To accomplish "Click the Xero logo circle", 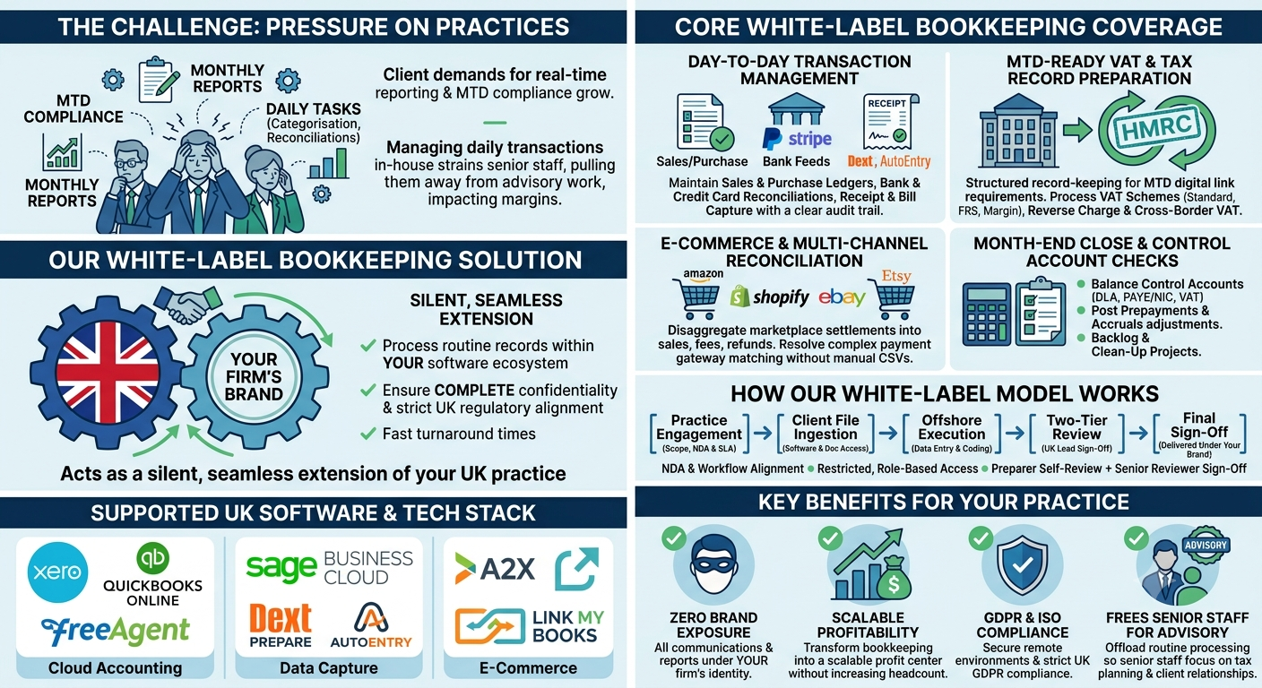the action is [x=57, y=572].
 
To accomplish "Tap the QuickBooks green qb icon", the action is [x=152, y=558].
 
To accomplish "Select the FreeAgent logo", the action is [x=116, y=632].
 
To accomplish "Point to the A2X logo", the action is [x=495, y=569].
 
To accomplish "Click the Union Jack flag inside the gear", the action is [x=107, y=373].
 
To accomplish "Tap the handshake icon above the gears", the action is [x=187, y=304].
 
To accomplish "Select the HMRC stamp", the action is [x=1156, y=132].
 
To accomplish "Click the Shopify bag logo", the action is [x=739, y=297].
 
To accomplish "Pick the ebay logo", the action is [x=842, y=297].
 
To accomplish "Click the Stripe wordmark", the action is [x=809, y=139].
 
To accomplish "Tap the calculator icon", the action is [x=987, y=314].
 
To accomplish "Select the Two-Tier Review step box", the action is [x=1076, y=434].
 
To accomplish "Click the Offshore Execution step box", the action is [x=952, y=434].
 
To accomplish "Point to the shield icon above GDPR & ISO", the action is [x=1023, y=564].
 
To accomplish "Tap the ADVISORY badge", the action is [x=1206, y=545].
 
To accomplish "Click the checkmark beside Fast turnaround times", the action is [x=367, y=434].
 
